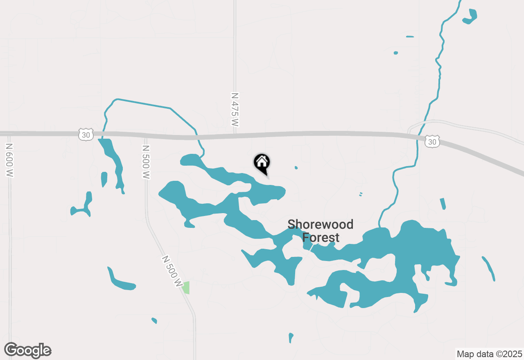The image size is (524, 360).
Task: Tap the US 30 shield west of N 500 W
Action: click(86, 134)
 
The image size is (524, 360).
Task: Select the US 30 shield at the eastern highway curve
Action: click(432, 142)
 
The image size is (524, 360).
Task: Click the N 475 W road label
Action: click(235, 109)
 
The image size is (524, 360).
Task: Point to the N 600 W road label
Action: click(10, 160)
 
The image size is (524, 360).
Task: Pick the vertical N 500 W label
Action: click(146, 162)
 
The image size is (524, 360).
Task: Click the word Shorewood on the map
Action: click(320, 224)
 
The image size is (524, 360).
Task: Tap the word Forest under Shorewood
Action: click(321, 238)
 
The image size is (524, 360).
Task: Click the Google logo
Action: click(28, 351)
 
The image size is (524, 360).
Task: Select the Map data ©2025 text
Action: click(489, 354)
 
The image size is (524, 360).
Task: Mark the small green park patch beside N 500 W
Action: click(186, 287)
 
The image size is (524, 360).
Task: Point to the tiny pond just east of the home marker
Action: click(296, 167)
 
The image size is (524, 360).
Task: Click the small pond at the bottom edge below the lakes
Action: click(291, 337)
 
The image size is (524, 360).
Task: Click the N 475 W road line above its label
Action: click(235, 49)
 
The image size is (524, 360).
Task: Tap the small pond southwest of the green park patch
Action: click(154, 320)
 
